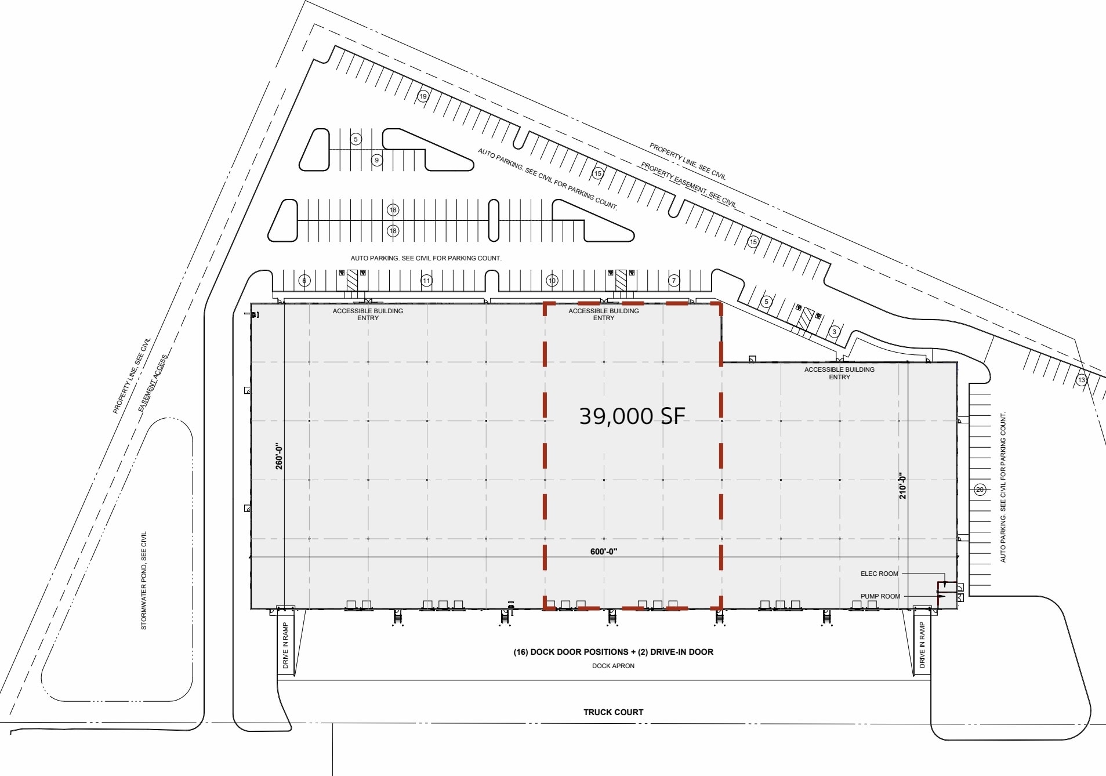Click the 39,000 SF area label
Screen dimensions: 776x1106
pyautogui.click(x=632, y=416)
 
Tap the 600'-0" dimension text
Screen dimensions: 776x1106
pyautogui.click(x=604, y=552)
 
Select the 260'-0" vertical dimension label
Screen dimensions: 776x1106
pyautogui.click(x=280, y=456)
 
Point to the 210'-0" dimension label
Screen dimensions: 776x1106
pyautogui.click(x=902, y=486)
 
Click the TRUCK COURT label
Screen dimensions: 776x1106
pyautogui.click(x=613, y=712)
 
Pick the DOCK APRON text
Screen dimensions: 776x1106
pyautogui.click(x=613, y=666)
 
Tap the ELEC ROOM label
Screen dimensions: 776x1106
pyautogui.click(x=879, y=574)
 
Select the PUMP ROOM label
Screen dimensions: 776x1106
pyautogui.click(x=880, y=596)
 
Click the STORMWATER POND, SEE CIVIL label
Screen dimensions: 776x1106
pyautogui.click(x=144, y=580)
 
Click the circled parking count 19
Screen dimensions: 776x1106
pyautogui.click(x=423, y=96)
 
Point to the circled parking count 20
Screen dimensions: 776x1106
pyautogui.click(x=980, y=489)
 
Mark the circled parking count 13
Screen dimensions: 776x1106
pyautogui.click(x=1081, y=380)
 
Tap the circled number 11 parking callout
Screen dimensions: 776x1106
pyautogui.click(x=426, y=281)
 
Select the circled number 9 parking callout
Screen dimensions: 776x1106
pyautogui.click(x=377, y=160)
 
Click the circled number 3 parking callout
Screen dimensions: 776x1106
pyautogui.click(x=834, y=332)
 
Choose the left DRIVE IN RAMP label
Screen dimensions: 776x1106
pyautogui.click(x=285, y=646)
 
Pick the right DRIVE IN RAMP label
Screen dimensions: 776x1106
pyautogui.click(x=922, y=644)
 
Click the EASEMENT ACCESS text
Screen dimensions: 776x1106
pyautogui.click(x=153, y=383)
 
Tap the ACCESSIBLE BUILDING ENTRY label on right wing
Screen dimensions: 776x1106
pyautogui.click(x=839, y=373)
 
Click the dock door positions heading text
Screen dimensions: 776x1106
pyautogui.click(x=613, y=652)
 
